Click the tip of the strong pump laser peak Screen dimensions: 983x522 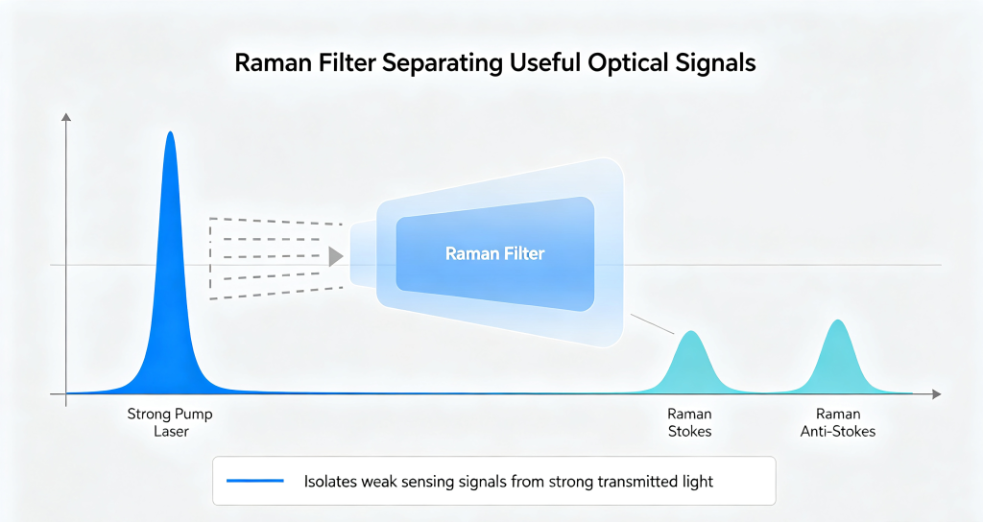[x=170, y=131]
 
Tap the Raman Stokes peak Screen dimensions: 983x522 [x=691, y=367]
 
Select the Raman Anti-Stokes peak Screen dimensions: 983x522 [x=837, y=361]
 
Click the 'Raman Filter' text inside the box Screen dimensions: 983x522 [x=494, y=253]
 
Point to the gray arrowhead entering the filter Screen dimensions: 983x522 [x=336, y=255]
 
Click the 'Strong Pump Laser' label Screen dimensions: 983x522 [x=171, y=422]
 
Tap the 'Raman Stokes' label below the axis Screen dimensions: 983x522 [x=689, y=422]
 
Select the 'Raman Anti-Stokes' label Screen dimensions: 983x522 [x=837, y=422]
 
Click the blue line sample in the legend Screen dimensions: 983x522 [x=255, y=481]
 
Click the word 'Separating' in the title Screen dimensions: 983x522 [x=442, y=62]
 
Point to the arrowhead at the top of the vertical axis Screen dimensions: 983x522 [x=66, y=116]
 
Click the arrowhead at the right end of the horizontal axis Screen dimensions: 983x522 [x=937, y=394]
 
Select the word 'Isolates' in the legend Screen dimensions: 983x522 [x=330, y=482]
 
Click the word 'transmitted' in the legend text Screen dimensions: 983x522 [x=636, y=482]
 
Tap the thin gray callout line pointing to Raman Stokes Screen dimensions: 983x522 [x=652, y=324]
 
